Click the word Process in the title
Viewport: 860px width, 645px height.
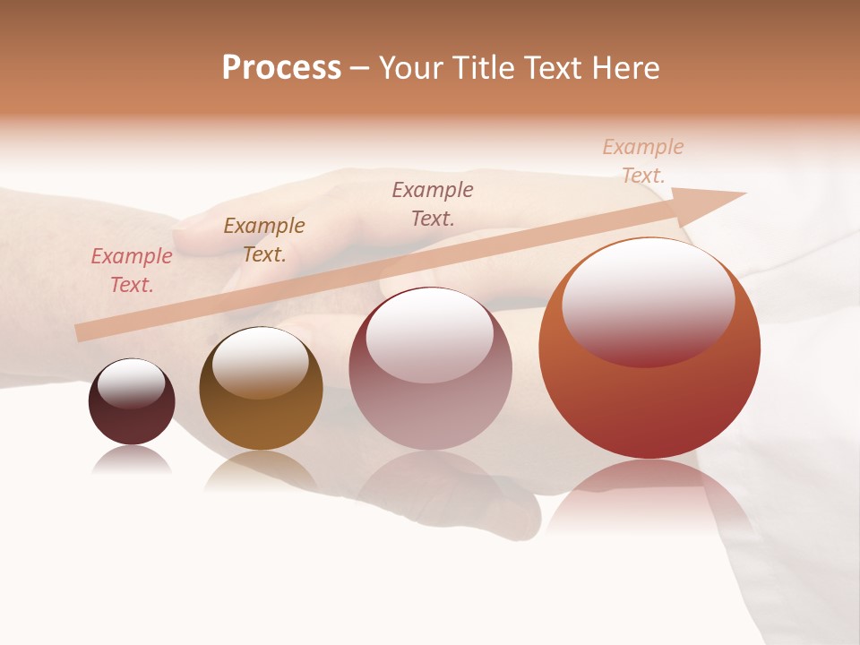coord(281,68)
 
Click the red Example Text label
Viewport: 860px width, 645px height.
coord(132,271)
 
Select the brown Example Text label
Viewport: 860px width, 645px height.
coord(264,240)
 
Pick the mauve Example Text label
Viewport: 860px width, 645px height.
coord(433,203)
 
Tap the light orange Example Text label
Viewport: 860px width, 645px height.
coord(642,161)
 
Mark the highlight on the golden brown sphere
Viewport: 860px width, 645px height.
coord(260,362)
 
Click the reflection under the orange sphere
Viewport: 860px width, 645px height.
coord(649,497)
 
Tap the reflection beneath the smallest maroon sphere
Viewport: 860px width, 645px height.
coord(132,460)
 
